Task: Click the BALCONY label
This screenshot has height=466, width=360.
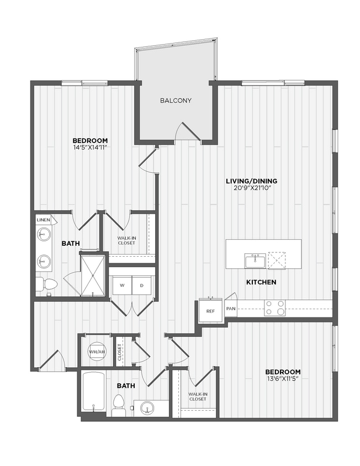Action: point(176,100)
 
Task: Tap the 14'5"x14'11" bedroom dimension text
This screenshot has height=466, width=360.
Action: point(89,147)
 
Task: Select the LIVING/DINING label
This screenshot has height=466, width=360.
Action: point(251,181)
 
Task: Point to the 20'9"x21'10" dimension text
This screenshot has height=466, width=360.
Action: point(251,188)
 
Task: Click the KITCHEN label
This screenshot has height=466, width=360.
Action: point(261,282)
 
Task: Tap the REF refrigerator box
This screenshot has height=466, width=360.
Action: point(210,311)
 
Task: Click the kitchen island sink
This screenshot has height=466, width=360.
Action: point(254,260)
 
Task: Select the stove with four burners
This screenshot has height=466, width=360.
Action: point(274,308)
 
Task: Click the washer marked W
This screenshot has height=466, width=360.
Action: point(122,285)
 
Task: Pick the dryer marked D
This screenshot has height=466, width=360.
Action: point(142,285)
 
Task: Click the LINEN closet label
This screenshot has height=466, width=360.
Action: point(44,220)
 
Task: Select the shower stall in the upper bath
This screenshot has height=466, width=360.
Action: point(93,273)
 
